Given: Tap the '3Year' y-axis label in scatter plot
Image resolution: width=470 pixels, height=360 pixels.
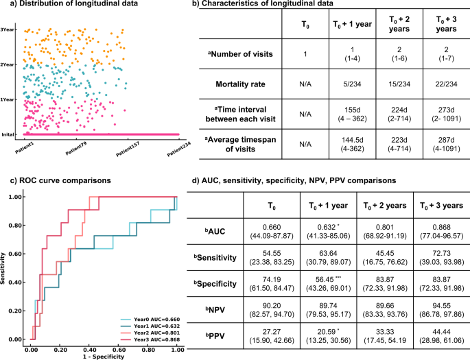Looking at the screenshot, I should [x=8, y=29].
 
